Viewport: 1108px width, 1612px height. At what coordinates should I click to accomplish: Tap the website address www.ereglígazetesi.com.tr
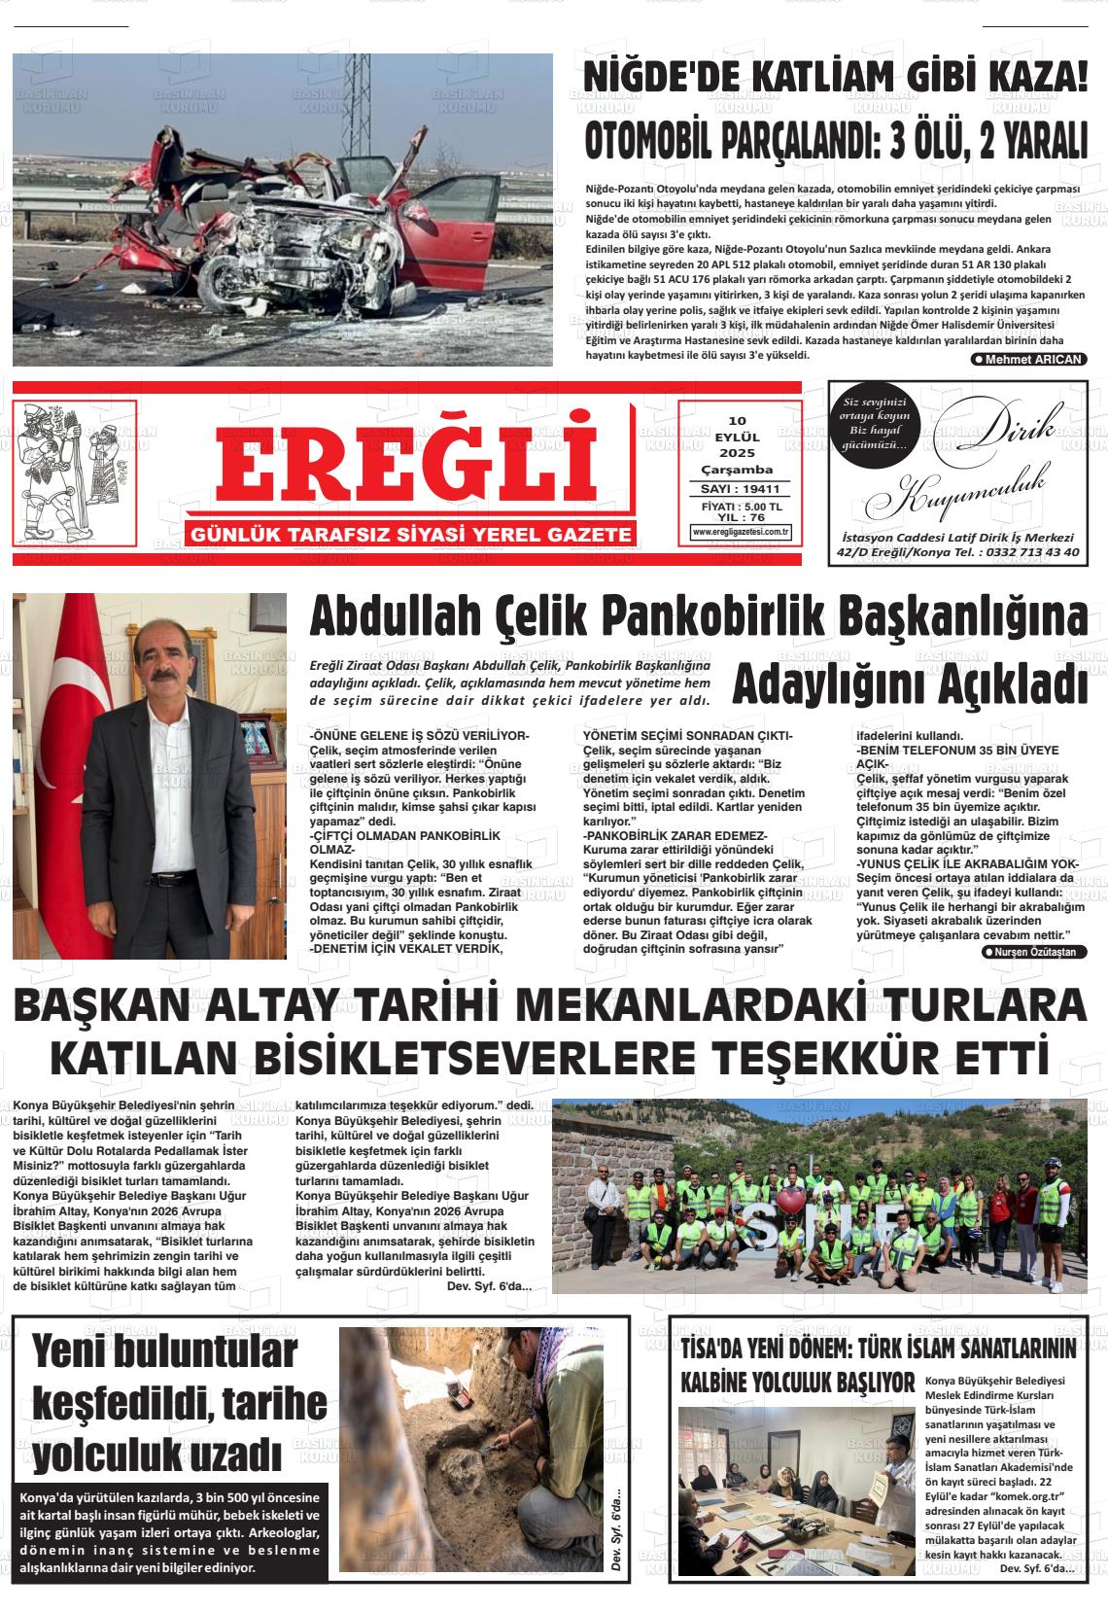point(740,532)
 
